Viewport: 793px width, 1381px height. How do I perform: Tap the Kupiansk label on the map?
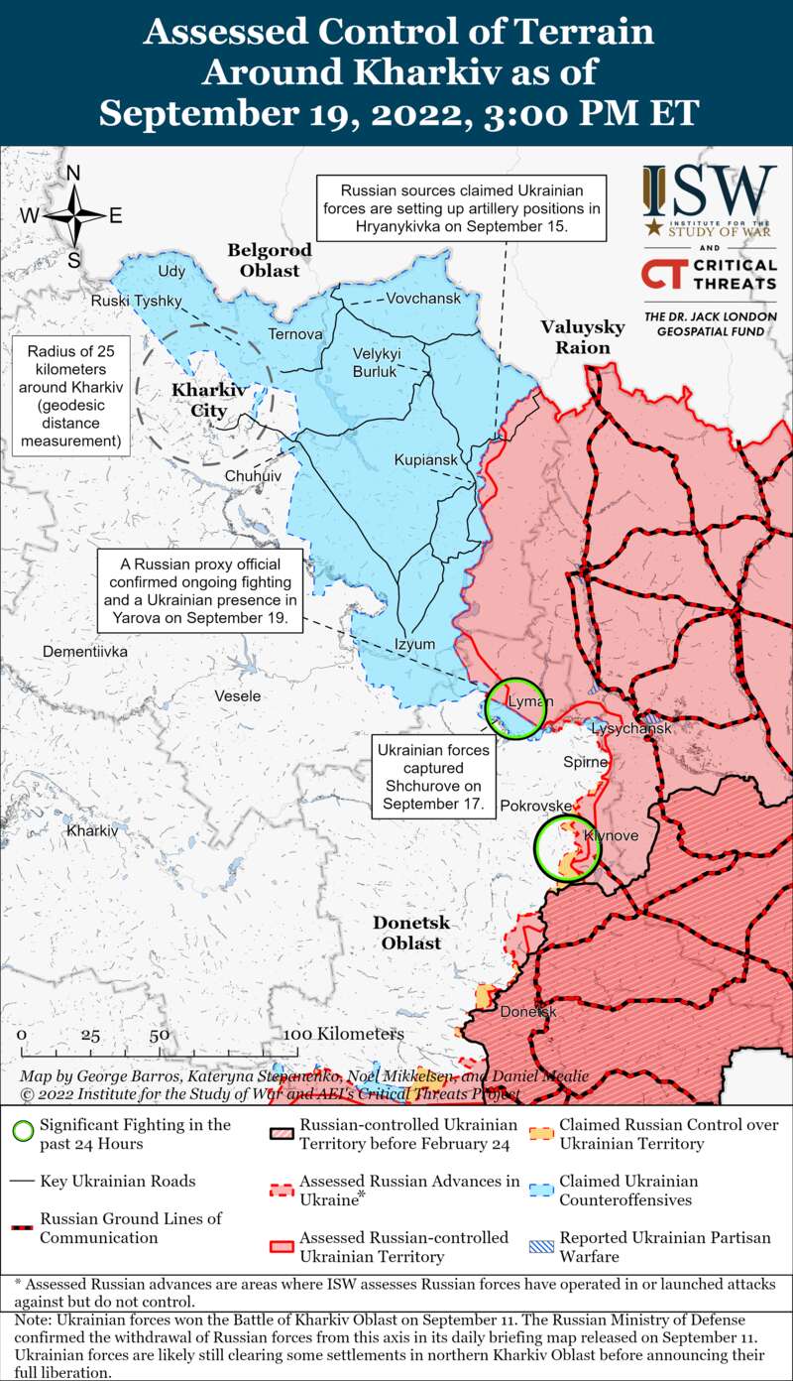(x=425, y=460)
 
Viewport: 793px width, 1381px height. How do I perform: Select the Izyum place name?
(x=414, y=644)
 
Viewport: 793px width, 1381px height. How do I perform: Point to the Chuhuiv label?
(x=253, y=476)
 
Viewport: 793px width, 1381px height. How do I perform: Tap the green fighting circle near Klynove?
(x=567, y=849)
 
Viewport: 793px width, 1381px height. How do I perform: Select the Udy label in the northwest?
(x=170, y=271)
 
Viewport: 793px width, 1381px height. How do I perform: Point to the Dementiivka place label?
(x=85, y=652)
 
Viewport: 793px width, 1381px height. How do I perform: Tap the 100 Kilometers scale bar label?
(x=344, y=1034)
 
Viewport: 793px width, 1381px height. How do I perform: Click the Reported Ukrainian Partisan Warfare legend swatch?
(x=539, y=1246)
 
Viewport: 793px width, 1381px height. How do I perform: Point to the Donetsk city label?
(x=528, y=1012)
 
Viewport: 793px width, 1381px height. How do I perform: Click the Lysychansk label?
(x=630, y=728)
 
